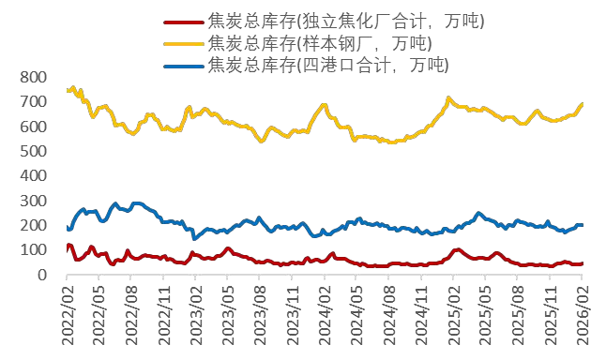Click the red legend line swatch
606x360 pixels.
pyautogui.click(x=182, y=22)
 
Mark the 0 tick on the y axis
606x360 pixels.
pyautogui.click(x=44, y=275)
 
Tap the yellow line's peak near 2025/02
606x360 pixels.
pyautogui.click(x=448, y=97)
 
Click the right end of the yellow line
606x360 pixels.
pyautogui.click(x=582, y=104)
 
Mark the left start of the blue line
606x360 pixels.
pyautogui.click(x=68, y=228)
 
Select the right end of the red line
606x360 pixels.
pyautogui.click(x=582, y=263)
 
